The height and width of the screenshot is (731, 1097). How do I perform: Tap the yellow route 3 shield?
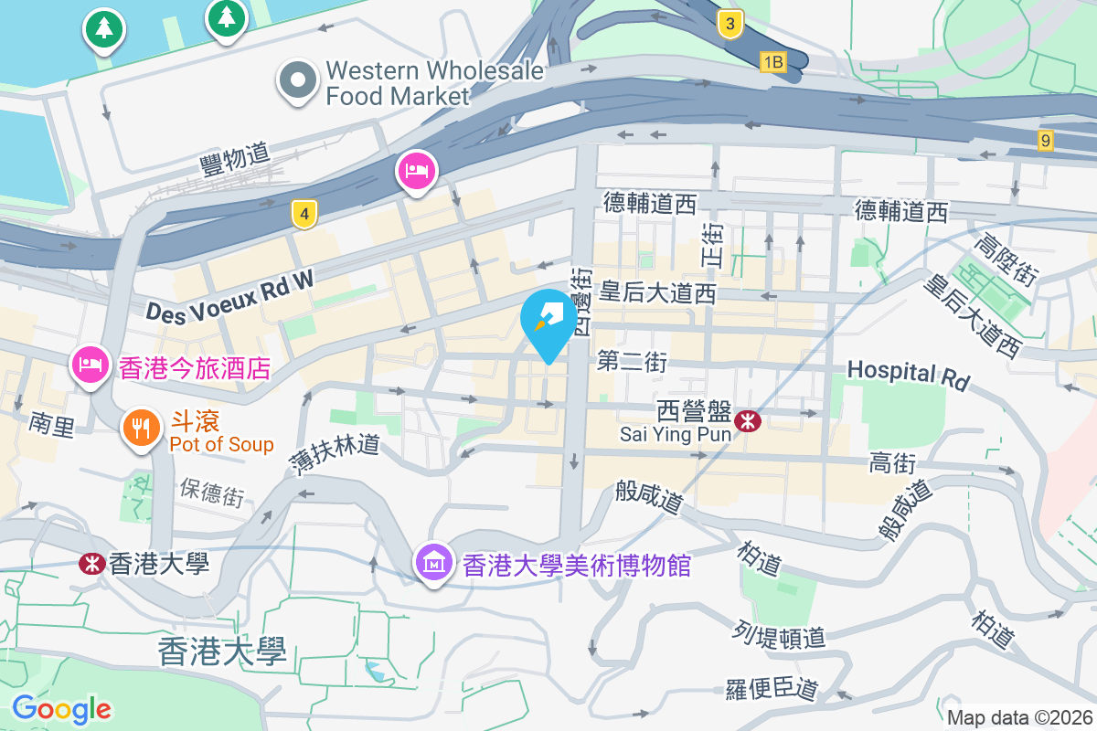(729, 25)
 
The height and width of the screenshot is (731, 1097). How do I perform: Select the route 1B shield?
(772, 61)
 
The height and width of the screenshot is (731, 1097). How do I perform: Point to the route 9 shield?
(1046, 141)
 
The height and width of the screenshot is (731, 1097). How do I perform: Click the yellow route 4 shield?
(304, 215)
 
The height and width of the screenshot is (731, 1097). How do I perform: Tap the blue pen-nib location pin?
(548, 321)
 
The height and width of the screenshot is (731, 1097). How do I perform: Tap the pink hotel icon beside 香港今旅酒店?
(90, 365)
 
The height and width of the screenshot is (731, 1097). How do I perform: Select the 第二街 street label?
(632, 362)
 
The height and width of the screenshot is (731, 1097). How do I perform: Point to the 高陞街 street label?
(1004, 260)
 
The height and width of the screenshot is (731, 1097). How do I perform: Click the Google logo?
(61, 708)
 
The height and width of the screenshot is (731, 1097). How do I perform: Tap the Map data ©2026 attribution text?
(1019, 717)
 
